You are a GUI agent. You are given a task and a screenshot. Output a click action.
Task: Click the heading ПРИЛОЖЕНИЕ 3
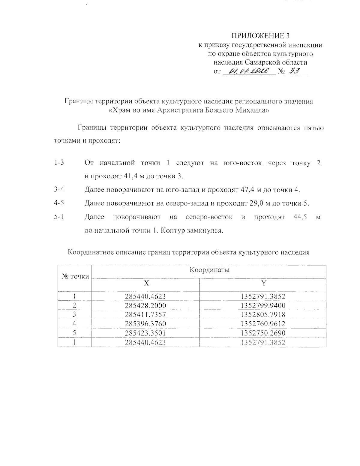260,36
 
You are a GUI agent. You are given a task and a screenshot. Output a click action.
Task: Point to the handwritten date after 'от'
249,71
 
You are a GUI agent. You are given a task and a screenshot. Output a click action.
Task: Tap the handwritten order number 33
293,71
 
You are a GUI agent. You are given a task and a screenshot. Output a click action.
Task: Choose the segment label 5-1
59,217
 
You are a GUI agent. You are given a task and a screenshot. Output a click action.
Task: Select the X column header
145,283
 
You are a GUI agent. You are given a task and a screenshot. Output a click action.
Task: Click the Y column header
263,283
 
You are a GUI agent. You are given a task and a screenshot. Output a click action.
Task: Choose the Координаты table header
209,270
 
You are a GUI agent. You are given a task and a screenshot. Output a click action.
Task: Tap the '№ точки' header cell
75,276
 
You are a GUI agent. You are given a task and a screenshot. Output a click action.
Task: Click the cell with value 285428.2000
145,305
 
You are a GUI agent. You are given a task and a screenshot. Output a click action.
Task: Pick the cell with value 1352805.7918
263,314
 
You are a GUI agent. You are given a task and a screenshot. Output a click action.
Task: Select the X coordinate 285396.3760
145,324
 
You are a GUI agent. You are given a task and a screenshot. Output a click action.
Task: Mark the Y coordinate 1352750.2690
263,333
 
